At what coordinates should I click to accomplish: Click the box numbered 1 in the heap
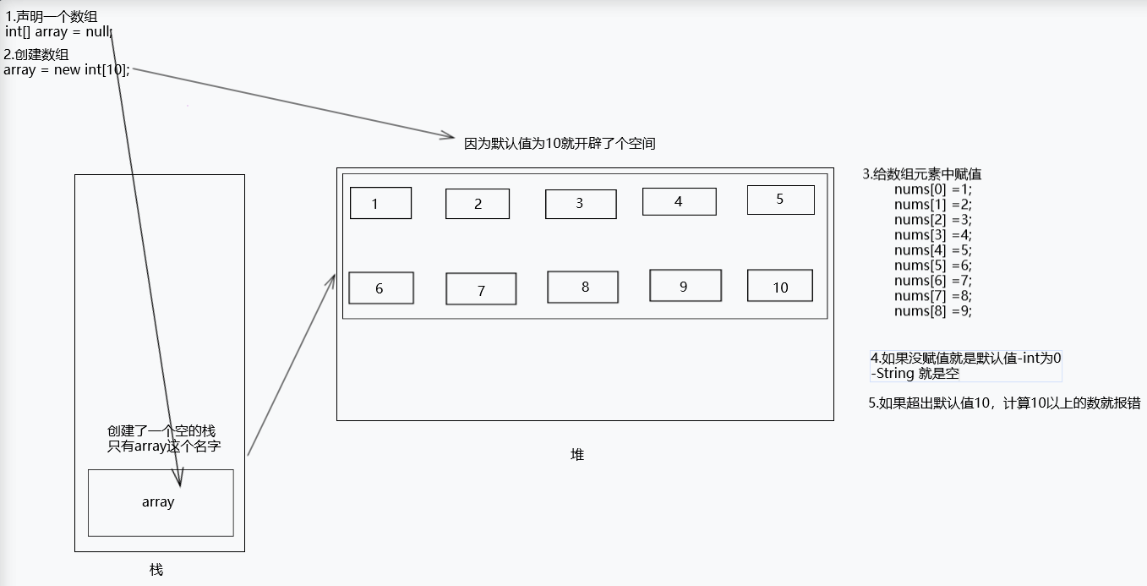click(x=380, y=203)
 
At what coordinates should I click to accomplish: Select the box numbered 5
click(x=780, y=200)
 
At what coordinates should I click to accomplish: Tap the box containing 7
click(x=481, y=289)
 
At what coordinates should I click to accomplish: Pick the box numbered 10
click(x=779, y=286)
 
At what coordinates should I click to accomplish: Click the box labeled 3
click(x=580, y=204)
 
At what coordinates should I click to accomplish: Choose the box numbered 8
click(x=582, y=287)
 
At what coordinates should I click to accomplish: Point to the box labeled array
click(x=160, y=502)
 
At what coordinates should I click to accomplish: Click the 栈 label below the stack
click(x=156, y=570)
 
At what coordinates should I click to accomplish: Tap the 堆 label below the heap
click(x=577, y=455)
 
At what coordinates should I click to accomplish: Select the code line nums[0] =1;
click(x=933, y=189)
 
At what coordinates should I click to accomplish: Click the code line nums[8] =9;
click(x=933, y=311)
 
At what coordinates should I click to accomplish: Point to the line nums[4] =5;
click(x=933, y=250)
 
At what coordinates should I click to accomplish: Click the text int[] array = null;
click(x=58, y=32)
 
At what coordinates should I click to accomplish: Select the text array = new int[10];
click(x=67, y=70)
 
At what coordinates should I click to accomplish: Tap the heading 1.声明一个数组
click(x=57, y=17)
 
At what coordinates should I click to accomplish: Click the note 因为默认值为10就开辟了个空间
click(x=560, y=144)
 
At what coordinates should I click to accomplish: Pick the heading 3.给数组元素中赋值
click(x=921, y=174)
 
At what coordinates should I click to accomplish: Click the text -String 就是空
click(x=915, y=373)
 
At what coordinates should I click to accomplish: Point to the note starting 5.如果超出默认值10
click(x=1004, y=404)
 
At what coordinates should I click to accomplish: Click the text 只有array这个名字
click(x=164, y=446)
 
